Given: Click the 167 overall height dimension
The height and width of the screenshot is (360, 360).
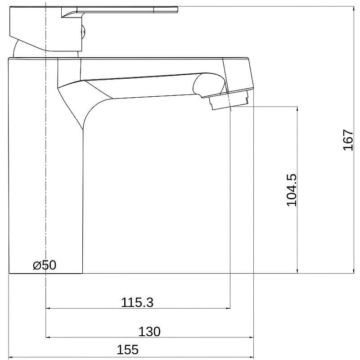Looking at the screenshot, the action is coord(348,140).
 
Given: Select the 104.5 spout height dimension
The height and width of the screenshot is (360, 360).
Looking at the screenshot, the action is coord(292,190).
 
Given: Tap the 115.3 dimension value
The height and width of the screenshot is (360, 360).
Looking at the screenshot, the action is coord(137,302).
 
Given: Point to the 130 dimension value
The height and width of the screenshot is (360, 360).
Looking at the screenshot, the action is coord(149,332).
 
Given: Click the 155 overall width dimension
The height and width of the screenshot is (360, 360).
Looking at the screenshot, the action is coord(128,350).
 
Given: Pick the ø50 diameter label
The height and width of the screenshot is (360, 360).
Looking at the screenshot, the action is coord(45,265).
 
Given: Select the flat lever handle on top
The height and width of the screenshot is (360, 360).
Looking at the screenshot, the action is coord(119,12).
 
